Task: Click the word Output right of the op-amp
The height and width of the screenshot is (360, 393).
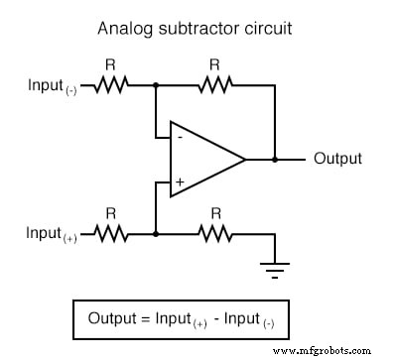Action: click(337, 159)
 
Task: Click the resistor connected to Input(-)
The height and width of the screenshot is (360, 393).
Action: click(111, 85)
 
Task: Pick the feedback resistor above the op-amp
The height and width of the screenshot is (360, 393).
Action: click(215, 85)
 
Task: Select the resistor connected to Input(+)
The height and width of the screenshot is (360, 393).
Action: click(111, 234)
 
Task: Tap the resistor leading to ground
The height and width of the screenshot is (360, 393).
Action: click(215, 234)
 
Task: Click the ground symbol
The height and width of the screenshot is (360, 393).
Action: click(276, 266)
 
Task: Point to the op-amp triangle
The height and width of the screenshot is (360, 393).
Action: click(203, 159)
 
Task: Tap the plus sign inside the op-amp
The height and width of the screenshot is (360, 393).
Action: click(180, 182)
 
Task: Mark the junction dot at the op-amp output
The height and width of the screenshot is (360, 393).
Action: click(276, 159)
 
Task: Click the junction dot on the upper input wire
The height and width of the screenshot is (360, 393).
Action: click(156, 85)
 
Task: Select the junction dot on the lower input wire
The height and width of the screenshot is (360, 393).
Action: click(156, 234)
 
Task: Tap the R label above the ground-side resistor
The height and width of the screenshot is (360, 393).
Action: click(215, 213)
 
